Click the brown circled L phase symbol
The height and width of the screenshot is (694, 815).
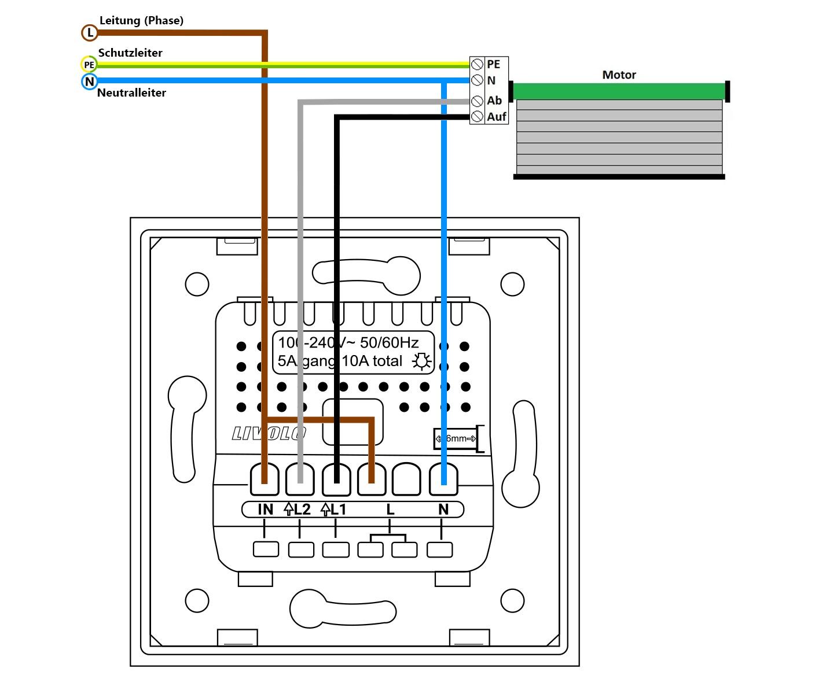(x=90, y=33)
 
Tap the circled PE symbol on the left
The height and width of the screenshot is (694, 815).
(x=89, y=64)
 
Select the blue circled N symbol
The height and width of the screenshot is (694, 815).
(x=89, y=82)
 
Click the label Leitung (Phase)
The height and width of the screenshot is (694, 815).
(x=141, y=21)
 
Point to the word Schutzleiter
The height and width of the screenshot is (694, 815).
(x=130, y=53)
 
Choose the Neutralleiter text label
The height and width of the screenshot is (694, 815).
(x=131, y=93)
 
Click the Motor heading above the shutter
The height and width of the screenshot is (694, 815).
(x=619, y=75)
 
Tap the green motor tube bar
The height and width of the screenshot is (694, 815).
(x=619, y=91)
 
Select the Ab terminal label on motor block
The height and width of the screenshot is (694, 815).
(x=494, y=101)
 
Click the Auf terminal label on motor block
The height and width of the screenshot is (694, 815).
(x=497, y=117)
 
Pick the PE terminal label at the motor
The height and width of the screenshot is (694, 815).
(x=493, y=64)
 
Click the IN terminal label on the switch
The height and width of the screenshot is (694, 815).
(x=265, y=510)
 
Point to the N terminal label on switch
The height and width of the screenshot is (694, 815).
(x=443, y=510)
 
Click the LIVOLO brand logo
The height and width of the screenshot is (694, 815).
(x=269, y=434)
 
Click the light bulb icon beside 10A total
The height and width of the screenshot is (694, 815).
(x=421, y=361)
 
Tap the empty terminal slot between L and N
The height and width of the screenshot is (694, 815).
(x=407, y=480)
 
